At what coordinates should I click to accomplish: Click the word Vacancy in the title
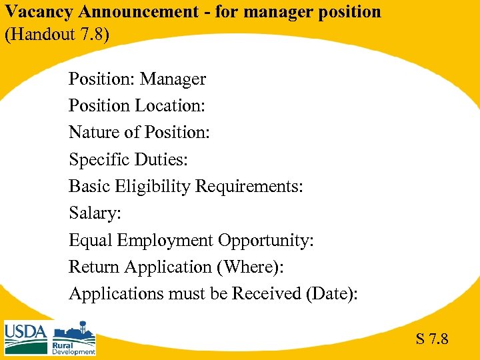click(33, 12)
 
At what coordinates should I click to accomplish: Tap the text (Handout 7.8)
click(55, 34)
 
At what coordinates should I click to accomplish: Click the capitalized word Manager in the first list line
click(173, 79)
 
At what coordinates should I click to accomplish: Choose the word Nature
click(94, 133)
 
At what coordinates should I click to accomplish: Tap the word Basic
click(89, 187)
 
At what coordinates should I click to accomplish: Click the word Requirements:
click(249, 187)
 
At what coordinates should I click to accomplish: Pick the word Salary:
click(93, 213)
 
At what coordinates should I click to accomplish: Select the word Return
click(94, 267)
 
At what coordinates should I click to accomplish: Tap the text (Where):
click(250, 267)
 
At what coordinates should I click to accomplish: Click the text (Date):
click(331, 293)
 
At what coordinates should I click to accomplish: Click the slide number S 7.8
click(432, 339)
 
